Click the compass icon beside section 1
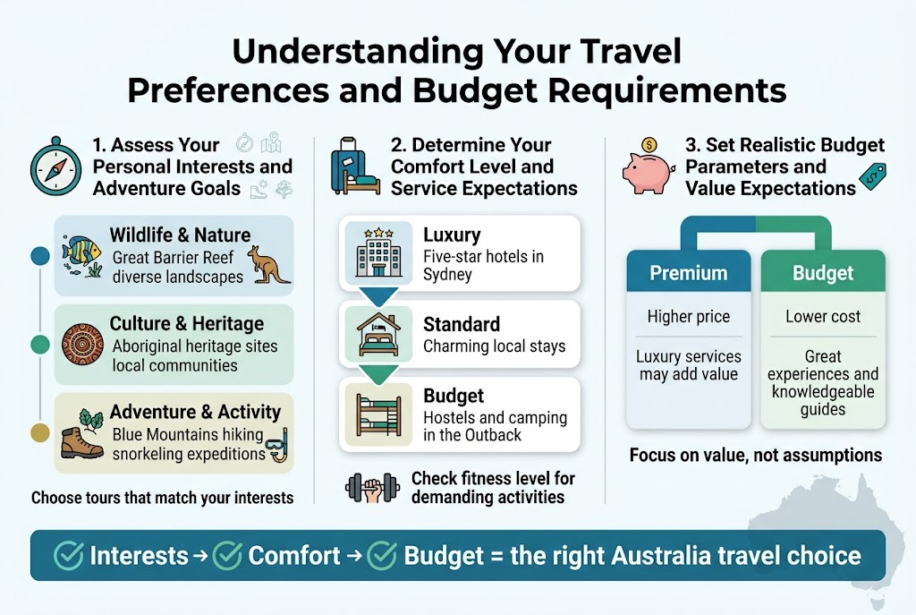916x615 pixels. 50,165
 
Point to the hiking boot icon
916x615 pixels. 82,441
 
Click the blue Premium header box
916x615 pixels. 688,273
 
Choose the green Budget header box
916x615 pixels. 823,273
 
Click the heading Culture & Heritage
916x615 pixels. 186,323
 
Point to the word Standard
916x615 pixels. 462,323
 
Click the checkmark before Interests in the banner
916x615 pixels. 69,556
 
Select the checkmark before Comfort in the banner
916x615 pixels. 226,556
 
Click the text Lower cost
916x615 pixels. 823,316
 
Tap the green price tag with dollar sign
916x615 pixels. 872,176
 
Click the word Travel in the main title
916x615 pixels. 618,51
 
